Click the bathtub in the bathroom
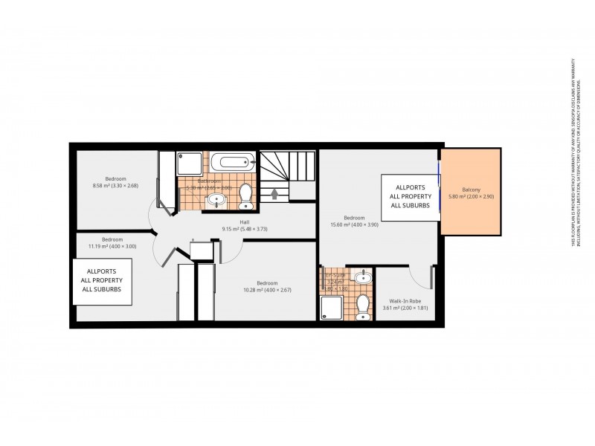click(x=231, y=163)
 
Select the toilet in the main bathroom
click(x=245, y=195)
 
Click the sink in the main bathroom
click(x=216, y=199)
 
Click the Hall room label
click(x=244, y=224)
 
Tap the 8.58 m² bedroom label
click(x=115, y=181)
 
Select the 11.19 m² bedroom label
click(x=112, y=243)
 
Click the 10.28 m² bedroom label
click(x=266, y=286)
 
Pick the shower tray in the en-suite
click(x=332, y=306)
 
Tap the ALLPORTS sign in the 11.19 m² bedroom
click(x=103, y=280)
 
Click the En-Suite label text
click(x=335, y=278)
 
